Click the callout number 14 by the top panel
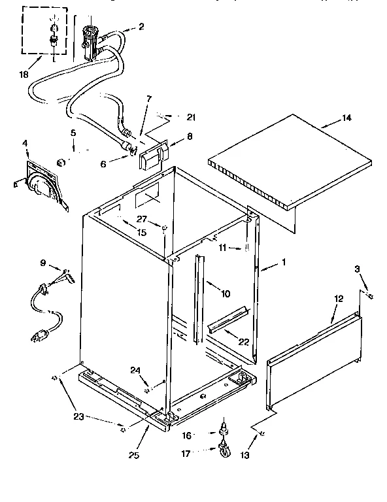pyautogui.click(x=346, y=118)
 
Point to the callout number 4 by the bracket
pyautogui.click(x=25, y=142)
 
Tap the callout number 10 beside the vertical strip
pyautogui.click(x=225, y=294)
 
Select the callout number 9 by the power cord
pyautogui.click(x=43, y=263)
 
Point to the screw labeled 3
pyautogui.click(x=371, y=296)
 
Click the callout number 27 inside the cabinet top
pyautogui.click(x=141, y=220)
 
